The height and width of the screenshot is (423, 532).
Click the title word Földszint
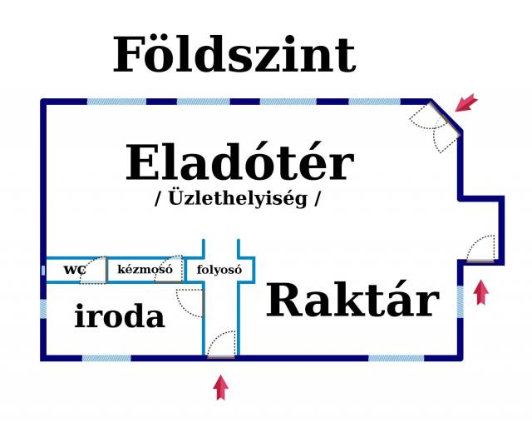click(234, 56)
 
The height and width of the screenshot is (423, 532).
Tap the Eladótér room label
click(239, 163)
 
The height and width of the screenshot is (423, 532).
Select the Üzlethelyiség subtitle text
click(238, 199)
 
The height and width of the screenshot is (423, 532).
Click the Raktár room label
click(352, 301)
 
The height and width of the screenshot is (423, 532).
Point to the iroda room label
click(120, 316)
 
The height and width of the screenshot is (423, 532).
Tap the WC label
click(74, 270)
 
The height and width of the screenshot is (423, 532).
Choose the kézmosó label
click(145, 270)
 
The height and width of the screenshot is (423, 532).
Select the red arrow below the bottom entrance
click(220, 387)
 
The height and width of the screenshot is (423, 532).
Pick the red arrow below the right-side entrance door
click(480, 293)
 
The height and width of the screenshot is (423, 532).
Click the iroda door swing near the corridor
click(190, 303)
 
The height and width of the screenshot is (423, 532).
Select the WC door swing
click(94, 270)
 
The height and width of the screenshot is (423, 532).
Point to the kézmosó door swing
click(170, 268)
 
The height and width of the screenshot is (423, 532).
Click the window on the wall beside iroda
click(43, 309)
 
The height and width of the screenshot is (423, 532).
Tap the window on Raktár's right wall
click(460, 301)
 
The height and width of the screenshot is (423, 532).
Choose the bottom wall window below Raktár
click(396, 358)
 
